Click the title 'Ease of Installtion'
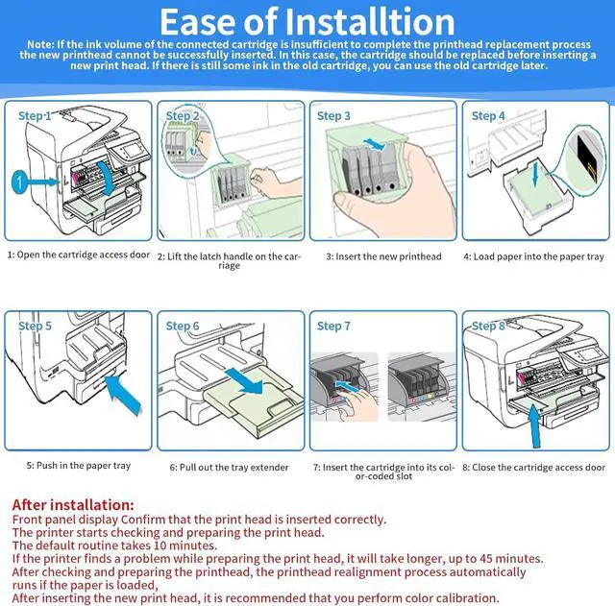point(307,21)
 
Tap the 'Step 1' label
point(35,116)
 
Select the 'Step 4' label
point(488,116)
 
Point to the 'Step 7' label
point(333,327)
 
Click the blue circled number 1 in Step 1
point(16,181)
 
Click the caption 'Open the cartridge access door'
point(83,256)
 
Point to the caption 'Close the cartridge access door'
point(534,468)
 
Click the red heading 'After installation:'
point(73,504)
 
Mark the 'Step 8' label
point(488,327)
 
